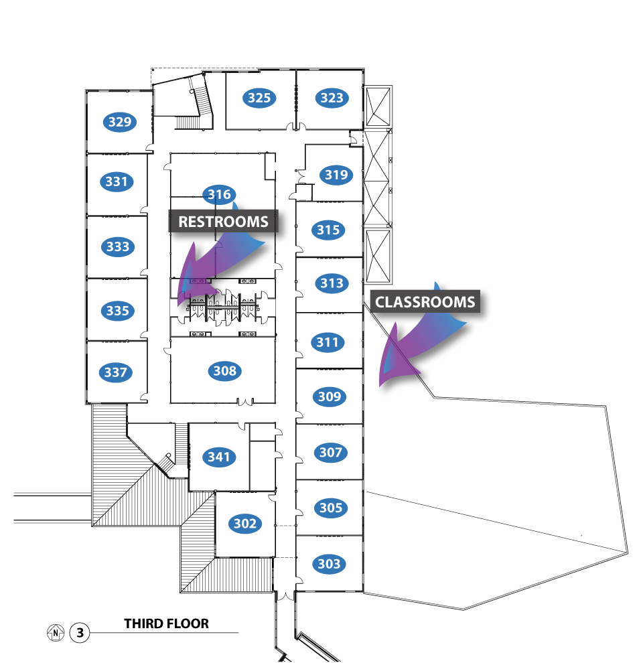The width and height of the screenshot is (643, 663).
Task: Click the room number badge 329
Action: [x=120, y=122]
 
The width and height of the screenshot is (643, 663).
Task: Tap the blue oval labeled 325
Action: [x=259, y=98]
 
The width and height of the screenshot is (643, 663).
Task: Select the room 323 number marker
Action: [x=332, y=98]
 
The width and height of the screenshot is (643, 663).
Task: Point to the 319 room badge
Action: [x=336, y=175]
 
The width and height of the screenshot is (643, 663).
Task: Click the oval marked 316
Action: [x=219, y=195]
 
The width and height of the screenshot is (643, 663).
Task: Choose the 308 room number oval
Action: [x=225, y=370]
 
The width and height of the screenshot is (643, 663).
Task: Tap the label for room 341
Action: [x=219, y=457]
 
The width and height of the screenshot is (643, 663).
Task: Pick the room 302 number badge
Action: [x=245, y=523]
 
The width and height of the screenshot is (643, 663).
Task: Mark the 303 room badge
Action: [x=330, y=564]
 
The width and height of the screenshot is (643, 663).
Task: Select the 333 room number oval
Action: [x=118, y=246]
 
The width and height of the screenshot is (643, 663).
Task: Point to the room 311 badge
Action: [x=328, y=342]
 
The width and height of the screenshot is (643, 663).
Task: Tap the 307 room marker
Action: [x=331, y=452]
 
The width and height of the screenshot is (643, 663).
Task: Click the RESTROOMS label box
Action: [x=223, y=222]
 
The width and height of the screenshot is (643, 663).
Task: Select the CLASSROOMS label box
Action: [x=425, y=302]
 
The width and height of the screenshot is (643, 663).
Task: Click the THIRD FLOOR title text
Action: [x=166, y=623]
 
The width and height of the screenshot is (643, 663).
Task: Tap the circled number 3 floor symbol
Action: [x=80, y=632]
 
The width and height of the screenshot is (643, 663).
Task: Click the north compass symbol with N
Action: [x=56, y=632]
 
